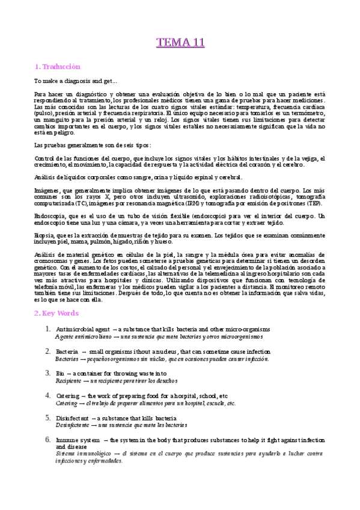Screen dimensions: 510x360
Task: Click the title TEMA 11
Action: point(180,42)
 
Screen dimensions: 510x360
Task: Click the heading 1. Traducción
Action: point(57,67)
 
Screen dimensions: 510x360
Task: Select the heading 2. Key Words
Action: point(56,313)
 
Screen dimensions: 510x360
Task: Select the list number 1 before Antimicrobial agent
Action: point(47,329)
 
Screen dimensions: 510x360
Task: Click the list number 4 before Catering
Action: point(47,395)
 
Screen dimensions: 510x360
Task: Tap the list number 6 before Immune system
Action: point(47,440)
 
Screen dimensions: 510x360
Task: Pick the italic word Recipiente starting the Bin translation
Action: point(68,381)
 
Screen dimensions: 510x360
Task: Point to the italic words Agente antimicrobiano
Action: point(80,337)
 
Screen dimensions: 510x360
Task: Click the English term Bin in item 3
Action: point(59,373)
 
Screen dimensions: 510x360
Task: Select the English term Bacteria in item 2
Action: point(67,351)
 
